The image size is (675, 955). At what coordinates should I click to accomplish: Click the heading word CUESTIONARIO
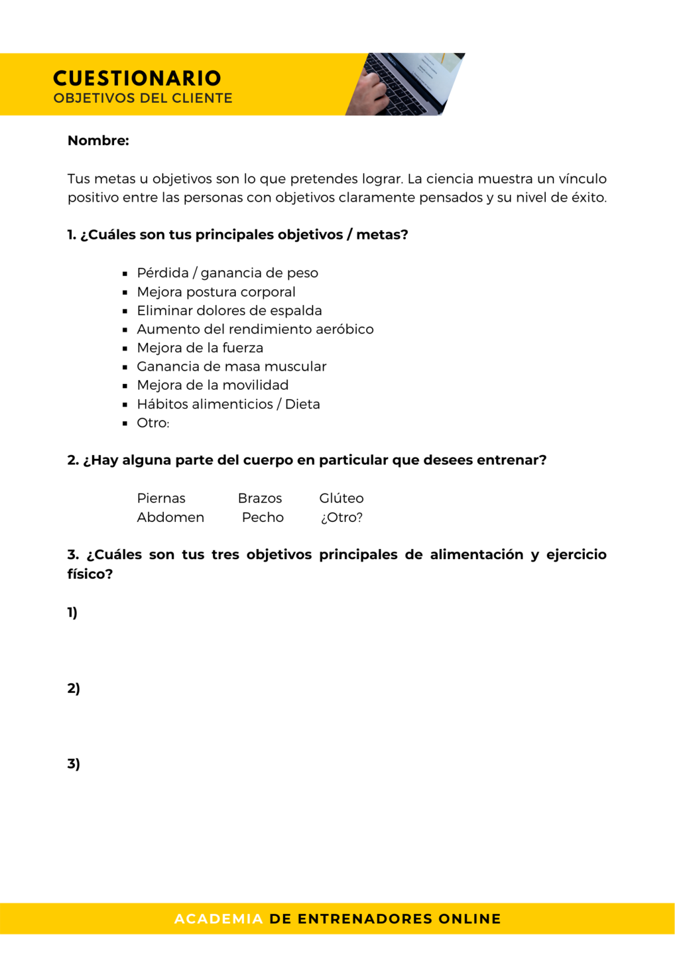[137, 78]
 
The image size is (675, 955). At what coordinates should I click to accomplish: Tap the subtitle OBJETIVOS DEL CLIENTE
[143, 98]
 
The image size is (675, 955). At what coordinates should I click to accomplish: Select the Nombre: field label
[98, 141]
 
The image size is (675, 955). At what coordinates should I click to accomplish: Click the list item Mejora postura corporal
[216, 292]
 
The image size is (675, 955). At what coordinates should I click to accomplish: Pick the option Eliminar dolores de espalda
[229, 310]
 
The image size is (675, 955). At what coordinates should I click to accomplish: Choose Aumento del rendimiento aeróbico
[255, 329]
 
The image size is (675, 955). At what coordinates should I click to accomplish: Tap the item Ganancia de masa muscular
[231, 366]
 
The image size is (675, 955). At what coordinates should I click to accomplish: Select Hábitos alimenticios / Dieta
[228, 404]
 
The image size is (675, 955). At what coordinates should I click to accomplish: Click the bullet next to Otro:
[125, 423]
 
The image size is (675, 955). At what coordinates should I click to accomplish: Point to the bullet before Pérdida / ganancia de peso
[125, 273]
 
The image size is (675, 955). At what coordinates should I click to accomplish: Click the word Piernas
[161, 498]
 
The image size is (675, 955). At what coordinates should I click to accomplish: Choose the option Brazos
[260, 498]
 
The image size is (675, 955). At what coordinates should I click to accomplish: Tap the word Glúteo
[341, 498]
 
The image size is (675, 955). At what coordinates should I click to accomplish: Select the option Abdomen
[170, 517]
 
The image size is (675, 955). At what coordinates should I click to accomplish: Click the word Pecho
[263, 517]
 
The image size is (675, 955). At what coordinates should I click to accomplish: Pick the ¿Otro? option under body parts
[341, 517]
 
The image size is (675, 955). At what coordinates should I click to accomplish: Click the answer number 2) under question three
[74, 688]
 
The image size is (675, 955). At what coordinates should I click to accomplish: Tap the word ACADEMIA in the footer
[219, 919]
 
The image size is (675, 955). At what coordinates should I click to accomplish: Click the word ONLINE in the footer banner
[470, 919]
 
